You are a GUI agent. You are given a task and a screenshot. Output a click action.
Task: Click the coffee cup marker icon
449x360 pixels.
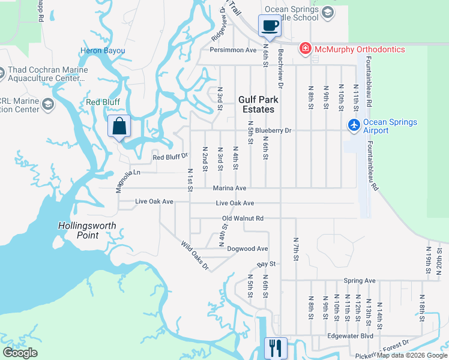pyautogui.click(x=270, y=26)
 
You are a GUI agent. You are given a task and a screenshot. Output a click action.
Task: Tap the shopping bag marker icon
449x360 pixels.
pyautogui.click(x=119, y=127)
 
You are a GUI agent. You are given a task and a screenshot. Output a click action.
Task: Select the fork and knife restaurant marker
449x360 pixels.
pyautogui.click(x=276, y=347)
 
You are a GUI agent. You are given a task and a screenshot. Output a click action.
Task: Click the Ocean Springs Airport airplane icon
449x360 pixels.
pyautogui.click(x=354, y=125)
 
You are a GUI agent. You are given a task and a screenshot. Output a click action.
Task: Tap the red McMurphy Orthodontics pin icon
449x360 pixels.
pyautogui.click(x=306, y=49)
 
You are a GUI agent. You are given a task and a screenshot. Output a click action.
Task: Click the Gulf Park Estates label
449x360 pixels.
pyautogui.click(x=256, y=105)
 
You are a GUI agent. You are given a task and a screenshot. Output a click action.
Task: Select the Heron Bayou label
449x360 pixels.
pyautogui.click(x=102, y=51)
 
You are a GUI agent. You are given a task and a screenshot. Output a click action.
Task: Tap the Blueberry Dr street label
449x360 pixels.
pyautogui.click(x=273, y=130)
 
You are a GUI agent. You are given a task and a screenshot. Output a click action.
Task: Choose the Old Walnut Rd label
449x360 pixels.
pyautogui.click(x=243, y=218)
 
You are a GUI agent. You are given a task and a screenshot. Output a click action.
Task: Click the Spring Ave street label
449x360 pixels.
pyautogui.click(x=360, y=280)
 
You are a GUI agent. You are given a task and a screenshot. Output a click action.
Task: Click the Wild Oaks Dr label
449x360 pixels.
pyautogui.click(x=195, y=254)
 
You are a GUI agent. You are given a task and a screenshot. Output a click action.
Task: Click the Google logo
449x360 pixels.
pyautogui.click(x=20, y=353)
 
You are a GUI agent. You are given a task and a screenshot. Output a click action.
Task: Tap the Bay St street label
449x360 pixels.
pyautogui.click(x=266, y=263)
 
